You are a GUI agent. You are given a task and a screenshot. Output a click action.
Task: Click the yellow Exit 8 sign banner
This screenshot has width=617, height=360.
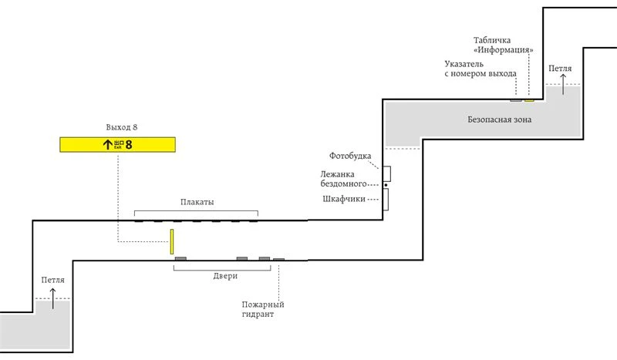coord(118,144)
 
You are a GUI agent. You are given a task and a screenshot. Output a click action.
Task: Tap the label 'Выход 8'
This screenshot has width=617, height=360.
coord(122,127)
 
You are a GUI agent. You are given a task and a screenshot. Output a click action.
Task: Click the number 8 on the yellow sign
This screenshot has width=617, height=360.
coord(129,144)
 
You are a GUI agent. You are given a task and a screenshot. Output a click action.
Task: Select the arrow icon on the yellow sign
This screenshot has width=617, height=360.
coord(107,144)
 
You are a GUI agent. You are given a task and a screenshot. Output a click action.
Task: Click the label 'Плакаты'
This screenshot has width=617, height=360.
coord(197,202)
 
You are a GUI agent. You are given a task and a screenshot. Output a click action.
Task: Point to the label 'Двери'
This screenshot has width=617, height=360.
coord(225,276)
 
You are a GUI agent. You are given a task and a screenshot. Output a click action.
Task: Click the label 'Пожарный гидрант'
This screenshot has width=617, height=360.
coord(263,309)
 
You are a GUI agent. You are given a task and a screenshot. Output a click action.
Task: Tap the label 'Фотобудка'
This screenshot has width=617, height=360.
coord(350,156)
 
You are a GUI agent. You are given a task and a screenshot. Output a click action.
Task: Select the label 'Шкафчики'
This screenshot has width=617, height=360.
coord(344,199)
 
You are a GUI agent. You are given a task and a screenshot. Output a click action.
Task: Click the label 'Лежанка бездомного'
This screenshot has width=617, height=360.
coord(343,179)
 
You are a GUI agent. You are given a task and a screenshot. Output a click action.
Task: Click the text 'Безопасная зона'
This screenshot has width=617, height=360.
coord(499,119)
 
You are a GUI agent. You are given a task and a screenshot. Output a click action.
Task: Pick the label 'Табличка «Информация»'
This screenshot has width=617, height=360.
coord(504,45)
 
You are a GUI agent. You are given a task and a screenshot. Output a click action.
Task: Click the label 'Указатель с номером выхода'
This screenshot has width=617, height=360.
coord(480,69)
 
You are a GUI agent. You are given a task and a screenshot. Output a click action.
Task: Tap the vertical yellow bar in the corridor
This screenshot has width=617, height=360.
coord(171,241)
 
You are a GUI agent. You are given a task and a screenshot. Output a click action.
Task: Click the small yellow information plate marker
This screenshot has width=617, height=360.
coord(529,100)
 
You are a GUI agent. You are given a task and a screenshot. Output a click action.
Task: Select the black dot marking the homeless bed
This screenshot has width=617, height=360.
coord(386,185)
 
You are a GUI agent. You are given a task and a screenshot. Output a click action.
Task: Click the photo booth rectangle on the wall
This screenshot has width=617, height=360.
coord(387,173)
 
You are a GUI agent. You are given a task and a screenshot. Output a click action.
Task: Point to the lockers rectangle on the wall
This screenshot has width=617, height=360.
coord(386,199)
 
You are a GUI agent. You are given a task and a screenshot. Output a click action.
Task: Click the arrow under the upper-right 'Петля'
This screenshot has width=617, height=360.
coord(563,84)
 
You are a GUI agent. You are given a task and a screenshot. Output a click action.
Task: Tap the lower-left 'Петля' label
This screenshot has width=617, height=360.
coord(52,280)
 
